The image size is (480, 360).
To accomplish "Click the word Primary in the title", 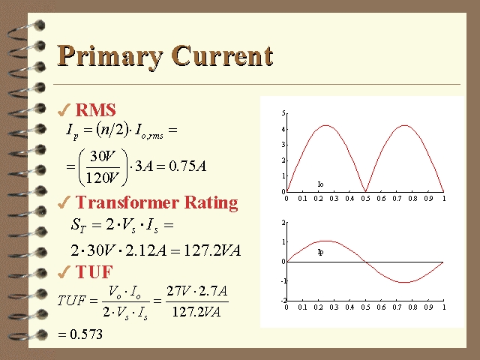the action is tap(110, 56).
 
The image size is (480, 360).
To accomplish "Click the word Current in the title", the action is tap(222, 55).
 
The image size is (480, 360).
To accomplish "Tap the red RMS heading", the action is tap(95, 109).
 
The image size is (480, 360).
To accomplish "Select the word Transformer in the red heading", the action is tap(127, 202).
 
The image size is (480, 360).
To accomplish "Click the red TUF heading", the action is tap(94, 271).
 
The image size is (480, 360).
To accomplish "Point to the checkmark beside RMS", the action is tap(64, 110).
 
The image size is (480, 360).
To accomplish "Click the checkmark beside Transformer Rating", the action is tap(64, 202).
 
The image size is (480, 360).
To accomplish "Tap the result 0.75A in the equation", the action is tap(187, 166).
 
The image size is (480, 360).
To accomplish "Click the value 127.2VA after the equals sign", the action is tap(212, 250).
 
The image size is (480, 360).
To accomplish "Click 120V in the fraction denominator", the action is tap(103, 177).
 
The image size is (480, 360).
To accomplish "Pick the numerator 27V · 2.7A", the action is tap(197, 290).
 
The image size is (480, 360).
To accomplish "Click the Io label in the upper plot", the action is tap(320, 184).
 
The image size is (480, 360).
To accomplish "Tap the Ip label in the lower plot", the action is tap(320, 252).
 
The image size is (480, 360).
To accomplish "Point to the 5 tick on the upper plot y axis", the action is tap(283, 113).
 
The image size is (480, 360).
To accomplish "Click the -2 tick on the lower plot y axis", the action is tap(283, 300).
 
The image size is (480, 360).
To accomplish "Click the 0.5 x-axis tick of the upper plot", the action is tap(365, 198).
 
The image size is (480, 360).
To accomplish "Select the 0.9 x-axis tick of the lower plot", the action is tap(428, 307).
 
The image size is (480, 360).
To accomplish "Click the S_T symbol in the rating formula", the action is tap(78, 226).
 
